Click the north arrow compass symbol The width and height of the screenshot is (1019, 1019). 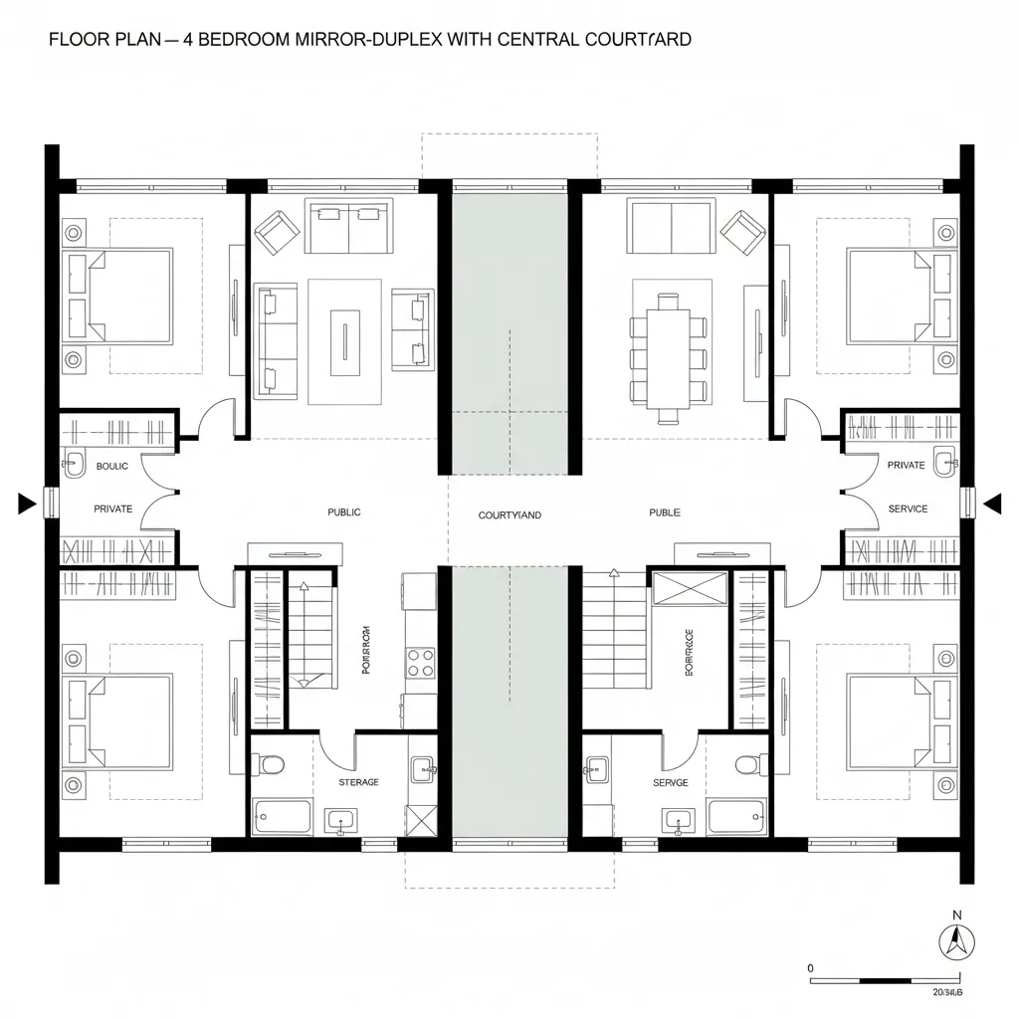(956, 940)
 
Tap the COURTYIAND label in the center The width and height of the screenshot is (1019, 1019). (509, 515)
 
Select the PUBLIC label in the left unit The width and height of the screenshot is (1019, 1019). (344, 512)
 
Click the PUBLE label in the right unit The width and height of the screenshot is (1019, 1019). (665, 512)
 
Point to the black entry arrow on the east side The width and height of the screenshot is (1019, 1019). (991, 505)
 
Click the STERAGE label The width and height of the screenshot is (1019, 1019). (358, 782)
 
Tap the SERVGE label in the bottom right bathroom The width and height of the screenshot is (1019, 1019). (671, 783)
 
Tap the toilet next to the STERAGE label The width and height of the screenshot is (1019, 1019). (271, 765)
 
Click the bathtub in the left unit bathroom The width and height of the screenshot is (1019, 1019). (283, 816)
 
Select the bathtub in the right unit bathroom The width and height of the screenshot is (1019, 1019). (736, 816)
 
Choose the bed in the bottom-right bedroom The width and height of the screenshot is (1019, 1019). (892, 722)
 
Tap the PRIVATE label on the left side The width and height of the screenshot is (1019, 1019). (112, 509)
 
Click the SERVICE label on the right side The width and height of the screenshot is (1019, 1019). (908, 509)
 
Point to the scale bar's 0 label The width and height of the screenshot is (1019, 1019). (811, 967)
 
